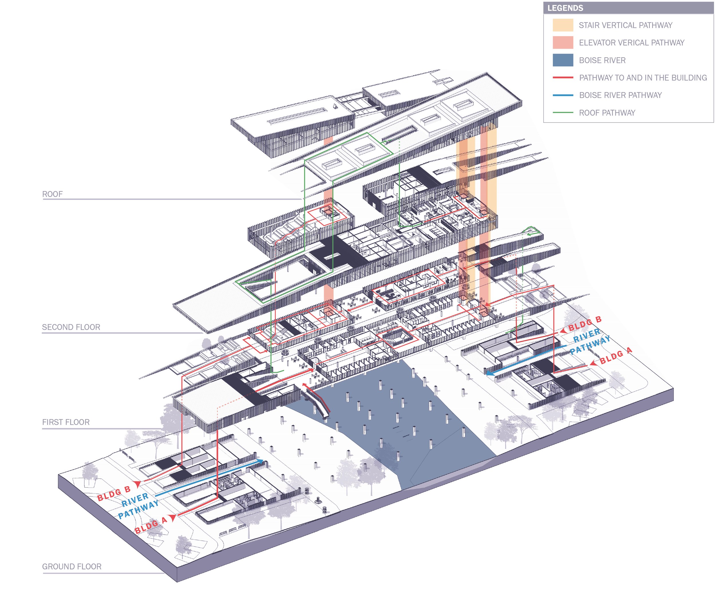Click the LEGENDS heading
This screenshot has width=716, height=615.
565,8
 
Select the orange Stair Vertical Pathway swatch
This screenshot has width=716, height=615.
562,25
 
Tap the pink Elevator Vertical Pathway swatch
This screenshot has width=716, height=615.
562,42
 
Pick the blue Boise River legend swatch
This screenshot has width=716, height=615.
562,60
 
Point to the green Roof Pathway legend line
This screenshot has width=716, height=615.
562,113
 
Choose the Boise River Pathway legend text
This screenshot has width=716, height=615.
620,95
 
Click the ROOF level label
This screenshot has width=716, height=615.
52,194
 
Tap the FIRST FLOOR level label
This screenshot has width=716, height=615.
66,422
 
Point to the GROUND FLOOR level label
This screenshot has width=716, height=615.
72,567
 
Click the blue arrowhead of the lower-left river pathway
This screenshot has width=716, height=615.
259,462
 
